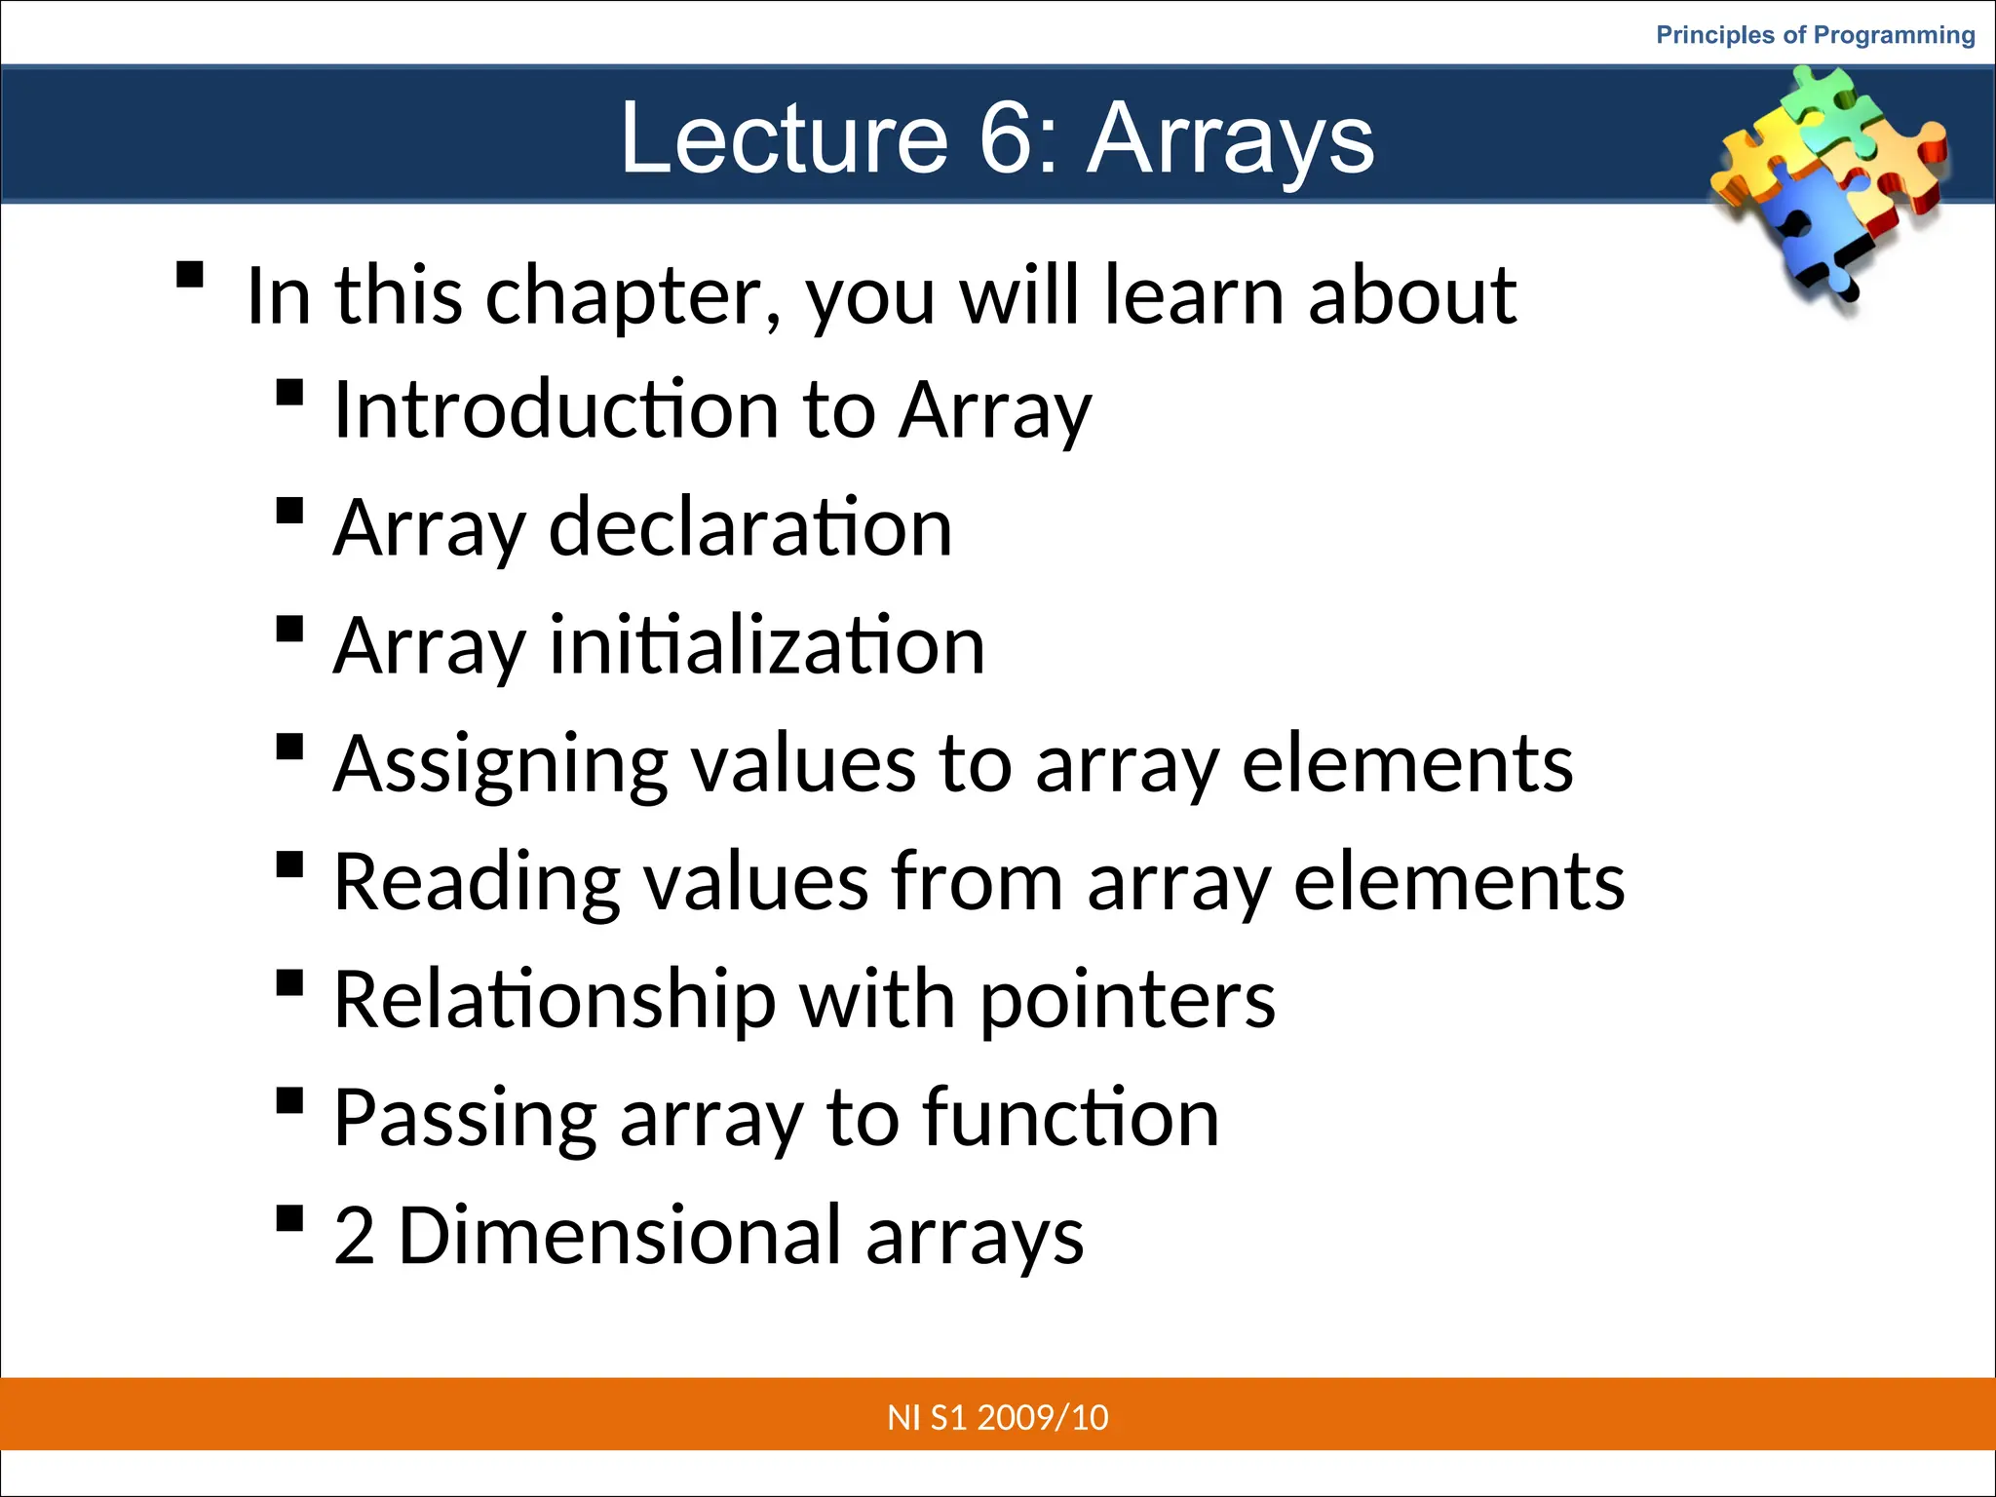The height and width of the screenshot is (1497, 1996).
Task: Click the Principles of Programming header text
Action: click(1815, 35)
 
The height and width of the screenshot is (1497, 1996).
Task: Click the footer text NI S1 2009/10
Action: click(997, 1417)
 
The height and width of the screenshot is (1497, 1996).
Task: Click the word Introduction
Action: click(555, 409)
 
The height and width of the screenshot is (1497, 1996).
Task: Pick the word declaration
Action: click(749, 527)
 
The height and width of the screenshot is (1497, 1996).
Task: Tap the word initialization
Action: click(767, 645)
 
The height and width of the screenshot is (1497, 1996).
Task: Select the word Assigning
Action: click(500, 764)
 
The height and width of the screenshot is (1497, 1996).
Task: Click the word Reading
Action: click(477, 881)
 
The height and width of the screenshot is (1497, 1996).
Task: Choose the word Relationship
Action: click(554, 1000)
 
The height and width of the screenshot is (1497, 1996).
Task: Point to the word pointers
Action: click(1127, 1000)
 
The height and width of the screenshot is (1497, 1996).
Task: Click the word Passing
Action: click(464, 1118)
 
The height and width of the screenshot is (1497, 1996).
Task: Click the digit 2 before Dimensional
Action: click(354, 1236)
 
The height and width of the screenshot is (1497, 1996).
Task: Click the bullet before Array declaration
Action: click(289, 511)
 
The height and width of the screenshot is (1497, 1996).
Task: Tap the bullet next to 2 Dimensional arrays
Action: click(289, 1219)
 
